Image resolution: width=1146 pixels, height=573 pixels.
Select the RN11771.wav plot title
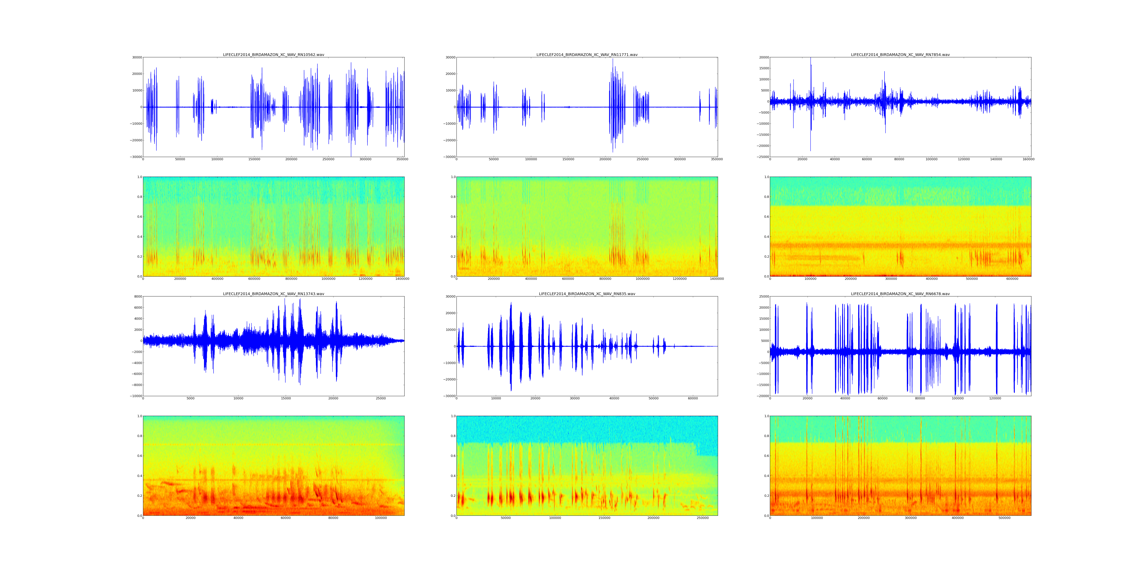pos(587,55)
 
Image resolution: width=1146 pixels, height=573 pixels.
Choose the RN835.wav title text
pos(587,294)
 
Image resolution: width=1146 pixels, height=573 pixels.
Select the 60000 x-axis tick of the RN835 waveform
pos(693,398)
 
